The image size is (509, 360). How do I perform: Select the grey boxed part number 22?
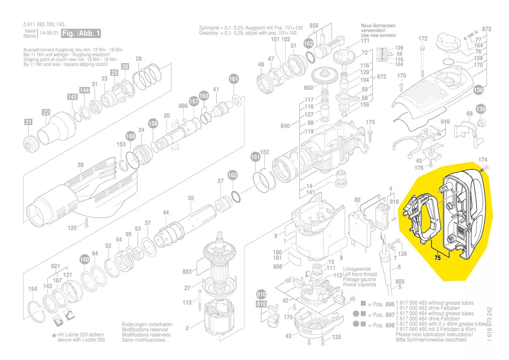[x=46, y=113]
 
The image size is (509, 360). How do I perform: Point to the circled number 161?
[x=234, y=79]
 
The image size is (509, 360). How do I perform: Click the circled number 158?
[x=153, y=123]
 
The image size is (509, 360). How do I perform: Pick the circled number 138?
[x=479, y=90]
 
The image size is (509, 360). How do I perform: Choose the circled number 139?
[x=480, y=109]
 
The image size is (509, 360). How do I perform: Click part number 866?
[x=183, y=106]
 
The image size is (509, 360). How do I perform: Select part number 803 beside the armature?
[x=187, y=272]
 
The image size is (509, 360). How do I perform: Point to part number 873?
[x=486, y=29]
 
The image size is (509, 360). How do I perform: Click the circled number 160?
[x=84, y=260]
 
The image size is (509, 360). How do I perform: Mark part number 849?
[x=445, y=122]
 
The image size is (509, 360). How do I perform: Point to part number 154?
[x=33, y=289]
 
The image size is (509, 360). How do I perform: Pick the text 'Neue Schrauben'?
[x=378, y=26]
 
